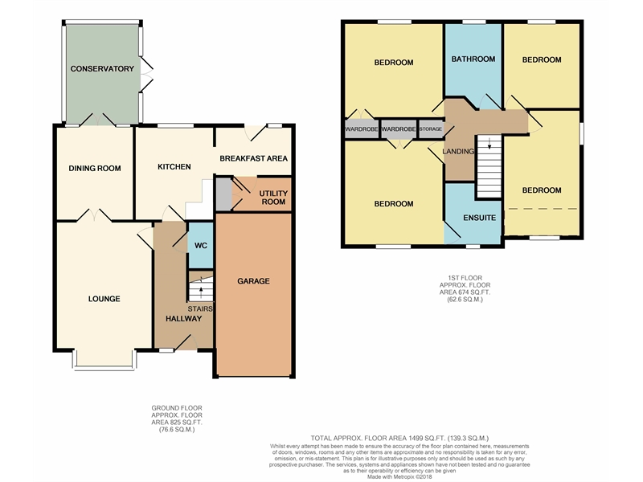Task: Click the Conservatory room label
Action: (x=102, y=69)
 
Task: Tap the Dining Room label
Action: (x=95, y=168)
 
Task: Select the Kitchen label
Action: (x=174, y=167)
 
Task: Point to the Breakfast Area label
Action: (x=253, y=158)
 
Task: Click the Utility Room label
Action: (x=273, y=198)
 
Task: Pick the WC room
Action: (x=200, y=246)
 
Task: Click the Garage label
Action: (x=253, y=281)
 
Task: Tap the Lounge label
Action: (x=104, y=299)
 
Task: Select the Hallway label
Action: (x=184, y=318)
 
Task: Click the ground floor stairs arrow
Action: (x=201, y=292)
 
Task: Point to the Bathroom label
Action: (x=473, y=59)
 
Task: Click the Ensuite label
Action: (x=479, y=218)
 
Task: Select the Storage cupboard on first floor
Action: (x=431, y=129)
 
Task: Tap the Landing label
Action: (x=458, y=151)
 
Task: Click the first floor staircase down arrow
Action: (x=489, y=144)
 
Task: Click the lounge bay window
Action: (x=104, y=361)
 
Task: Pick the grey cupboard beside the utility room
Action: (x=223, y=194)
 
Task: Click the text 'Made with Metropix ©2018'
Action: (x=399, y=476)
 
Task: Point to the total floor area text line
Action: (x=399, y=438)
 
